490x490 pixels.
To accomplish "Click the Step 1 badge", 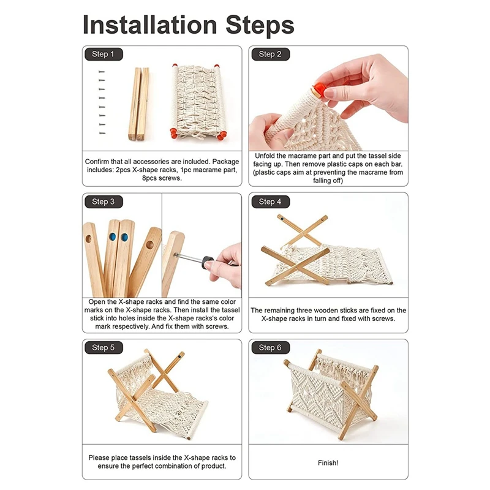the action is pyautogui.click(x=104, y=54).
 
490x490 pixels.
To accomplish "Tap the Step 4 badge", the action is pyautogui.click(x=270, y=202).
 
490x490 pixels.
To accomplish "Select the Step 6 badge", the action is pyautogui.click(x=270, y=347).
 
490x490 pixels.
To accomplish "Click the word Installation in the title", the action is pyautogui.click(x=150, y=24).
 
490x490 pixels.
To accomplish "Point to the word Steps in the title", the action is pyautogui.click(x=260, y=26).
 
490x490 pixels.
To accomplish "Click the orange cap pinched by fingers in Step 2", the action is pyautogui.click(x=318, y=89).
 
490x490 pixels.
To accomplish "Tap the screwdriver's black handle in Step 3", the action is pyautogui.click(x=208, y=262).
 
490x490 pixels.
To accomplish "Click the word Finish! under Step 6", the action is pyautogui.click(x=328, y=462).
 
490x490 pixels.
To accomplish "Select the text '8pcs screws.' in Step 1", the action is pyautogui.click(x=162, y=178).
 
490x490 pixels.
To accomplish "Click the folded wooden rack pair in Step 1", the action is pyautogui.click(x=139, y=104).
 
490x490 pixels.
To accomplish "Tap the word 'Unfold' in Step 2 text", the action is pyautogui.click(x=265, y=156).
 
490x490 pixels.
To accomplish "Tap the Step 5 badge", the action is pyautogui.click(x=104, y=347).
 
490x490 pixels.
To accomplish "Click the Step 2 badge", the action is pyautogui.click(x=270, y=54).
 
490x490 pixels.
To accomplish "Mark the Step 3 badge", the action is pyautogui.click(x=104, y=202).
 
